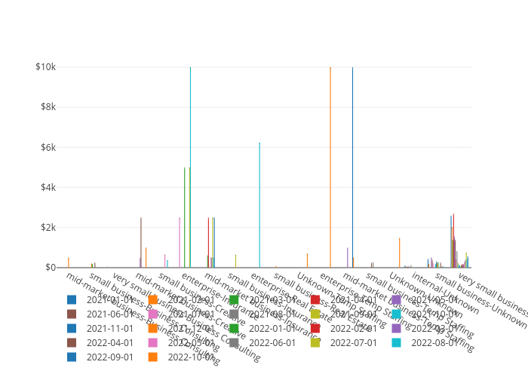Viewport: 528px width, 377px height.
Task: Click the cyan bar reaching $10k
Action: (190, 166)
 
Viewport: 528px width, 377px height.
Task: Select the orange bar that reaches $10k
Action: (330, 166)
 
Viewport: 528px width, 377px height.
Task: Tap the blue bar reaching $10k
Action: (352, 166)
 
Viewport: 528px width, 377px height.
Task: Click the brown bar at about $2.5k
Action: (141, 241)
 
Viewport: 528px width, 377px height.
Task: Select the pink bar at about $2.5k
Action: (180, 241)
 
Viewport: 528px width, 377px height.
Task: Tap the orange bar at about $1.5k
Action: (400, 253)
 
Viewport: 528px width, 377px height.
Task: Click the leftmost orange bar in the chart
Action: (69, 262)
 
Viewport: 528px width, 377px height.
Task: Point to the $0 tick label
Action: (49, 267)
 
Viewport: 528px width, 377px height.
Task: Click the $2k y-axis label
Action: (47, 227)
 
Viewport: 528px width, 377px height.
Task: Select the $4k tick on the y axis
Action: (47, 187)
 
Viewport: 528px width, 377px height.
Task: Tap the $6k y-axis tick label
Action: (47, 147)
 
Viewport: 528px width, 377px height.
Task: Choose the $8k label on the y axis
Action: (47, 106)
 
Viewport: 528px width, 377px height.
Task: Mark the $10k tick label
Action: (45, 66)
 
